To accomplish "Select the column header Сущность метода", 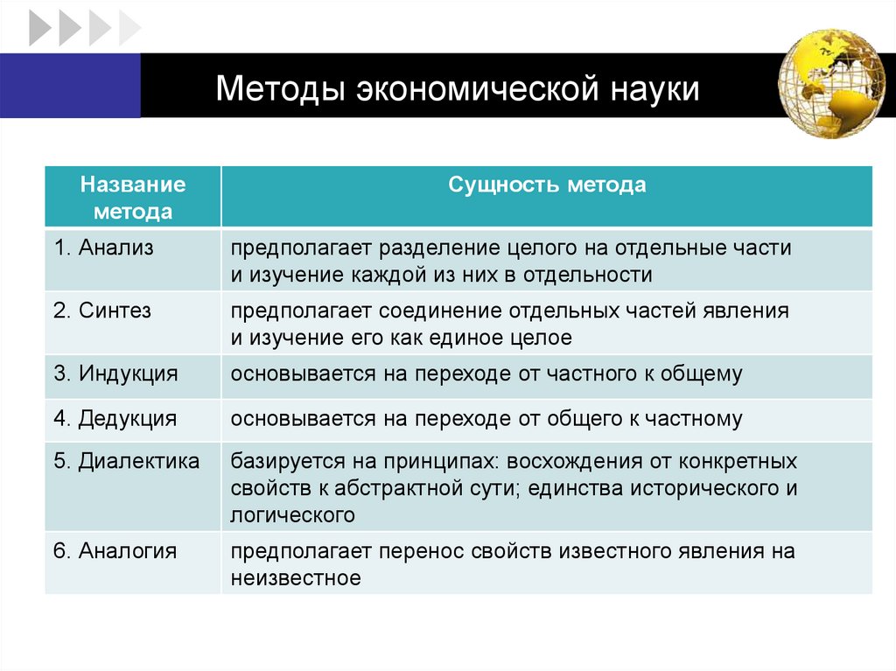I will point(547,185).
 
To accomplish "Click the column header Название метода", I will point(133,198).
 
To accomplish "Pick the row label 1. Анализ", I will point(103,248).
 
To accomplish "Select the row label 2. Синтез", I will point(102,311).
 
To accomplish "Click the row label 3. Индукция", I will point(115,374).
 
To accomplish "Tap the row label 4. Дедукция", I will point(115,419).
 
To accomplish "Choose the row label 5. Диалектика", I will point(126,461).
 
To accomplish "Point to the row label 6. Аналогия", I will point(115,551).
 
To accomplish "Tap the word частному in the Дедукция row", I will point(693,419).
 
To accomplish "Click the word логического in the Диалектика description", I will point(292,515).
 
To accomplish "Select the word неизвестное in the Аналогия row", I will point(296,578).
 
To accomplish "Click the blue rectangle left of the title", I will point(70,84).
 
